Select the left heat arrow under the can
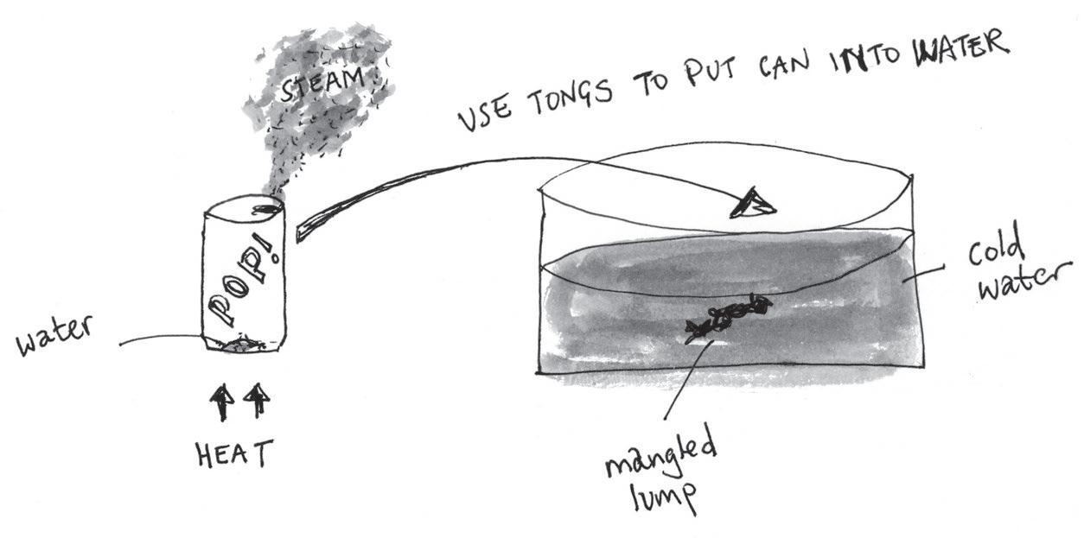222,402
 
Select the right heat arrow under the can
258,402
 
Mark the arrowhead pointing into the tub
754,202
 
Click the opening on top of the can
261,207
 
